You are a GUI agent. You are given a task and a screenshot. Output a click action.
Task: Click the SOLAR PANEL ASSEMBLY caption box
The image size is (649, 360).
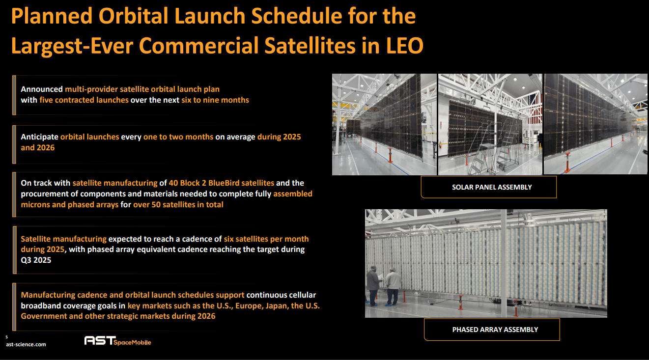488,187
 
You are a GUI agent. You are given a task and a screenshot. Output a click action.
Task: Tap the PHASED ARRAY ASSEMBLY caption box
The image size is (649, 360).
492,330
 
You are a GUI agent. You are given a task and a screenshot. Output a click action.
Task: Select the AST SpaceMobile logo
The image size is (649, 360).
117,341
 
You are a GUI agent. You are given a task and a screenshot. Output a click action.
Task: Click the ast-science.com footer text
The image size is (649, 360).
26,345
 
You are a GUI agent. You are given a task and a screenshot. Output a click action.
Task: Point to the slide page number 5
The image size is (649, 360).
7,337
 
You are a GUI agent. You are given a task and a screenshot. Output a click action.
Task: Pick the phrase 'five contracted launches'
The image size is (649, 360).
84,100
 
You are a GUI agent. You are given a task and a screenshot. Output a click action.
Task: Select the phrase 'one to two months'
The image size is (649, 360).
178,137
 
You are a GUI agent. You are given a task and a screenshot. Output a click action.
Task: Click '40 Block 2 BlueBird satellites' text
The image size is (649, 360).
221,183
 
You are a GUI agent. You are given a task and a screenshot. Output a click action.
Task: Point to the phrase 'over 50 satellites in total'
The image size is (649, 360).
178,204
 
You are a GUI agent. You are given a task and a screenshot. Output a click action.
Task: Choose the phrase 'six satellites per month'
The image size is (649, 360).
266,239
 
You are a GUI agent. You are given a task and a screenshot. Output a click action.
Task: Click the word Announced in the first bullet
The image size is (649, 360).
42,89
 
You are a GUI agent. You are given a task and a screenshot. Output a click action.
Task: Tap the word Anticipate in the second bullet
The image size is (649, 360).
39,137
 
